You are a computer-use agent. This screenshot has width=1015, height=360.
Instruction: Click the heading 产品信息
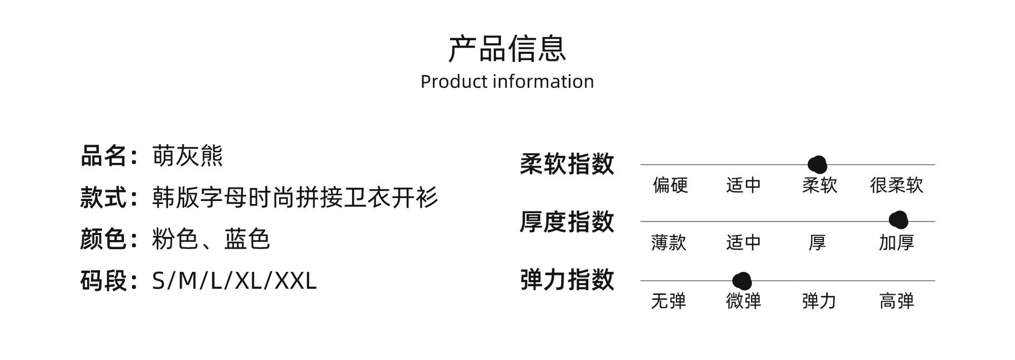click(507, 49)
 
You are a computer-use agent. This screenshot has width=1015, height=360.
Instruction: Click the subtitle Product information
click(507, 81)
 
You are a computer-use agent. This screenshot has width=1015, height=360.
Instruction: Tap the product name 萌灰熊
click(188, 156)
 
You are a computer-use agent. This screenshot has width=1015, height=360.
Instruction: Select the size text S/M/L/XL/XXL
click(234, 280)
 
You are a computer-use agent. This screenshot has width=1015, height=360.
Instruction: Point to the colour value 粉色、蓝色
click(210, 239)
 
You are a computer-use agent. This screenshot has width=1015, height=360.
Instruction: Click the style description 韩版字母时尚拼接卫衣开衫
click(295, 198)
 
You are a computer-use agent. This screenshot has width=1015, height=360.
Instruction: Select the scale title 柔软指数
click(567, 164)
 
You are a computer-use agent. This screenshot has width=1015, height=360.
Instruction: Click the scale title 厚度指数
click(567, 221)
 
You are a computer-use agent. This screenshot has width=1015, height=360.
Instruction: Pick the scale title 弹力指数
click(567, 280)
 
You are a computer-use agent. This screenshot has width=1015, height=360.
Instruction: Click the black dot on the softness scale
click(817, 165)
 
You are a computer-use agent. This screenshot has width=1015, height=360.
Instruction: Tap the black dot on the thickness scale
click(898, 220)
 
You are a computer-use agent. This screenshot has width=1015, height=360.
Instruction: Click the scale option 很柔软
click(897, 185)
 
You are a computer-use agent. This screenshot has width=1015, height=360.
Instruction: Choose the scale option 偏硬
click(670, 185)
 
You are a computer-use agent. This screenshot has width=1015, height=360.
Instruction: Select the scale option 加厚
click(897, 243)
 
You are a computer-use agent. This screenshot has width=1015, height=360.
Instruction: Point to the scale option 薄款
click(669, 243)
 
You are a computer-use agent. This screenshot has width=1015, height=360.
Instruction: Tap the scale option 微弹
click(743, 301)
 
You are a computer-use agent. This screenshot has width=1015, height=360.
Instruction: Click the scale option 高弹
click(897, 301)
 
